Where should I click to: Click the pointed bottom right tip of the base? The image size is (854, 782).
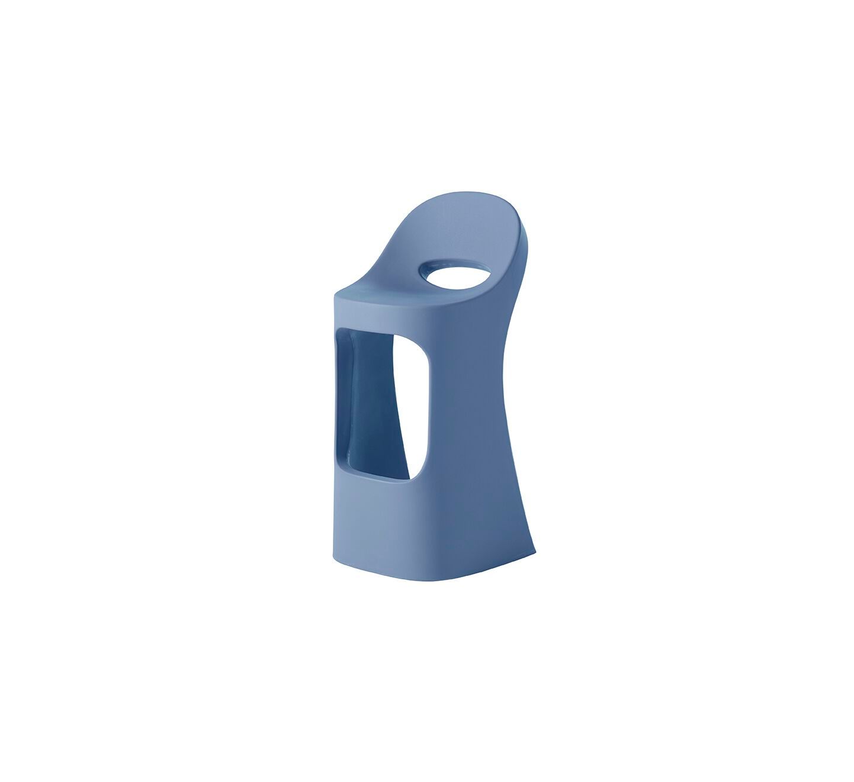(534, 552)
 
